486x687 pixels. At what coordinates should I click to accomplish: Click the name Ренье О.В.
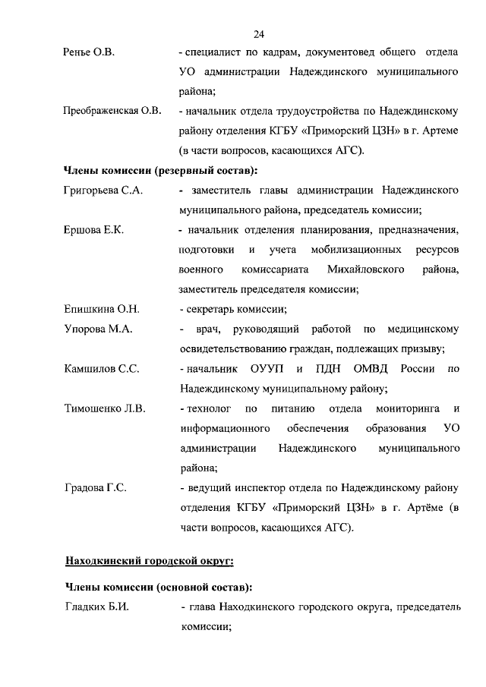[88, 53]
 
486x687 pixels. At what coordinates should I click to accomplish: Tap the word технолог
[210, 409]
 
